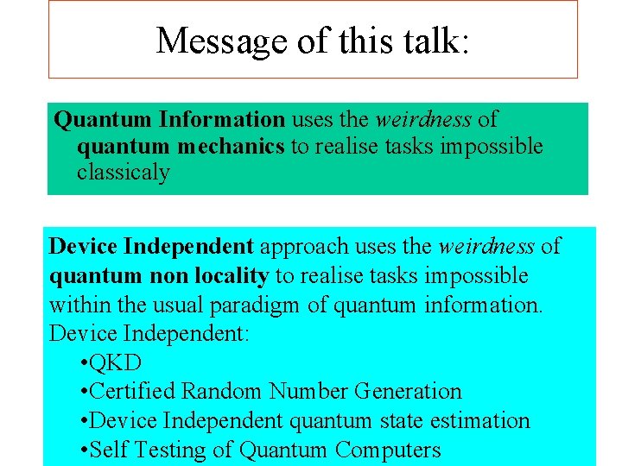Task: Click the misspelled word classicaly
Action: click(124, 172)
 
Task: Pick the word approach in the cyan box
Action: click(301, 247)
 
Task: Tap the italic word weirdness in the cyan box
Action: click(486, 247)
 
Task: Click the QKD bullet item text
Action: click(115, 362)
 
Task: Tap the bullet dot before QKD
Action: click(82, 362)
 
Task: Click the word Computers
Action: click(388, 450)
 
